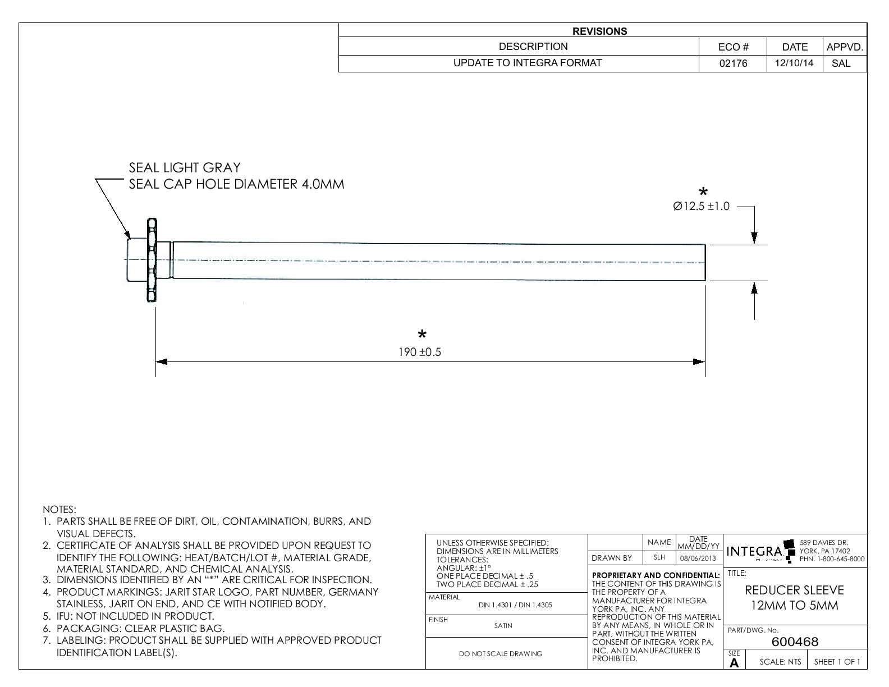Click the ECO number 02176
733,63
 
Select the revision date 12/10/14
794,63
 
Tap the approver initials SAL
841,63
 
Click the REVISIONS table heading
599,31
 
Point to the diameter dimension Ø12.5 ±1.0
701,207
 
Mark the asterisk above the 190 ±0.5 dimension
422,335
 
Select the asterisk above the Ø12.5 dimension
702,191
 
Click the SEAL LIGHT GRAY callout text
185,167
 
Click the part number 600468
795,642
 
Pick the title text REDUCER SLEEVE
794,590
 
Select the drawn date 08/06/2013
698,558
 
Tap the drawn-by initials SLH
659,558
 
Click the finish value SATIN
503,626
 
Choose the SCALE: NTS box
780,662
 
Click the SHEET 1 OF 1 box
837,662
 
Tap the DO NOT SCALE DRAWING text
501,653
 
